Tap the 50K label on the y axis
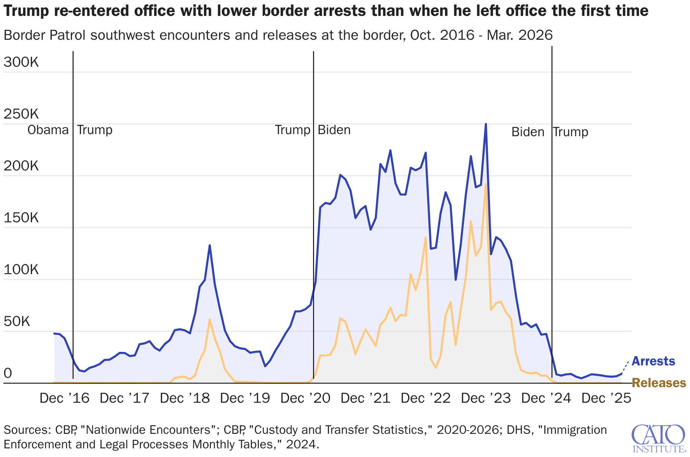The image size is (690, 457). pyautogui.click(x=17, y=321)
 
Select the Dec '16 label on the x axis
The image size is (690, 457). pyautogui.click(x=64, y=398)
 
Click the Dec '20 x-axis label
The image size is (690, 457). pyautogui.click(x=305, y=398)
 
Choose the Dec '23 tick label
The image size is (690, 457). pyautogui.click(x=486, y=398)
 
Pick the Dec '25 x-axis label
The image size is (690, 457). pyautogui.click(x=606, y=398)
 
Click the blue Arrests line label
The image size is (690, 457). pyautogui.click(x=653, y=361)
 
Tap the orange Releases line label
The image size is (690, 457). pyautogui.click(x=659, y=383)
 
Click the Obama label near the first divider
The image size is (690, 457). pyautogui.click(x=48, y=130)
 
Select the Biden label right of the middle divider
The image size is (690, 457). pyautogui.click(x=334, y=130)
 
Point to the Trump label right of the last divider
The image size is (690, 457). pyautogui.click(x=570, y=132)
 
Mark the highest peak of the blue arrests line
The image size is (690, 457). pyautogui.click(x=486, y=124)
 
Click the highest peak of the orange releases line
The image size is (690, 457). pyautogui.click(x=486, y=184)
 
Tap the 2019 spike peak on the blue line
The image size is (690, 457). pyautogui.click(x=210, y=245)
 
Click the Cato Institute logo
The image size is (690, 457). pyautogui.click(x=659, y=438)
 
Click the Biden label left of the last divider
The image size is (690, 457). pyautogui.click(x=528, y=132)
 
